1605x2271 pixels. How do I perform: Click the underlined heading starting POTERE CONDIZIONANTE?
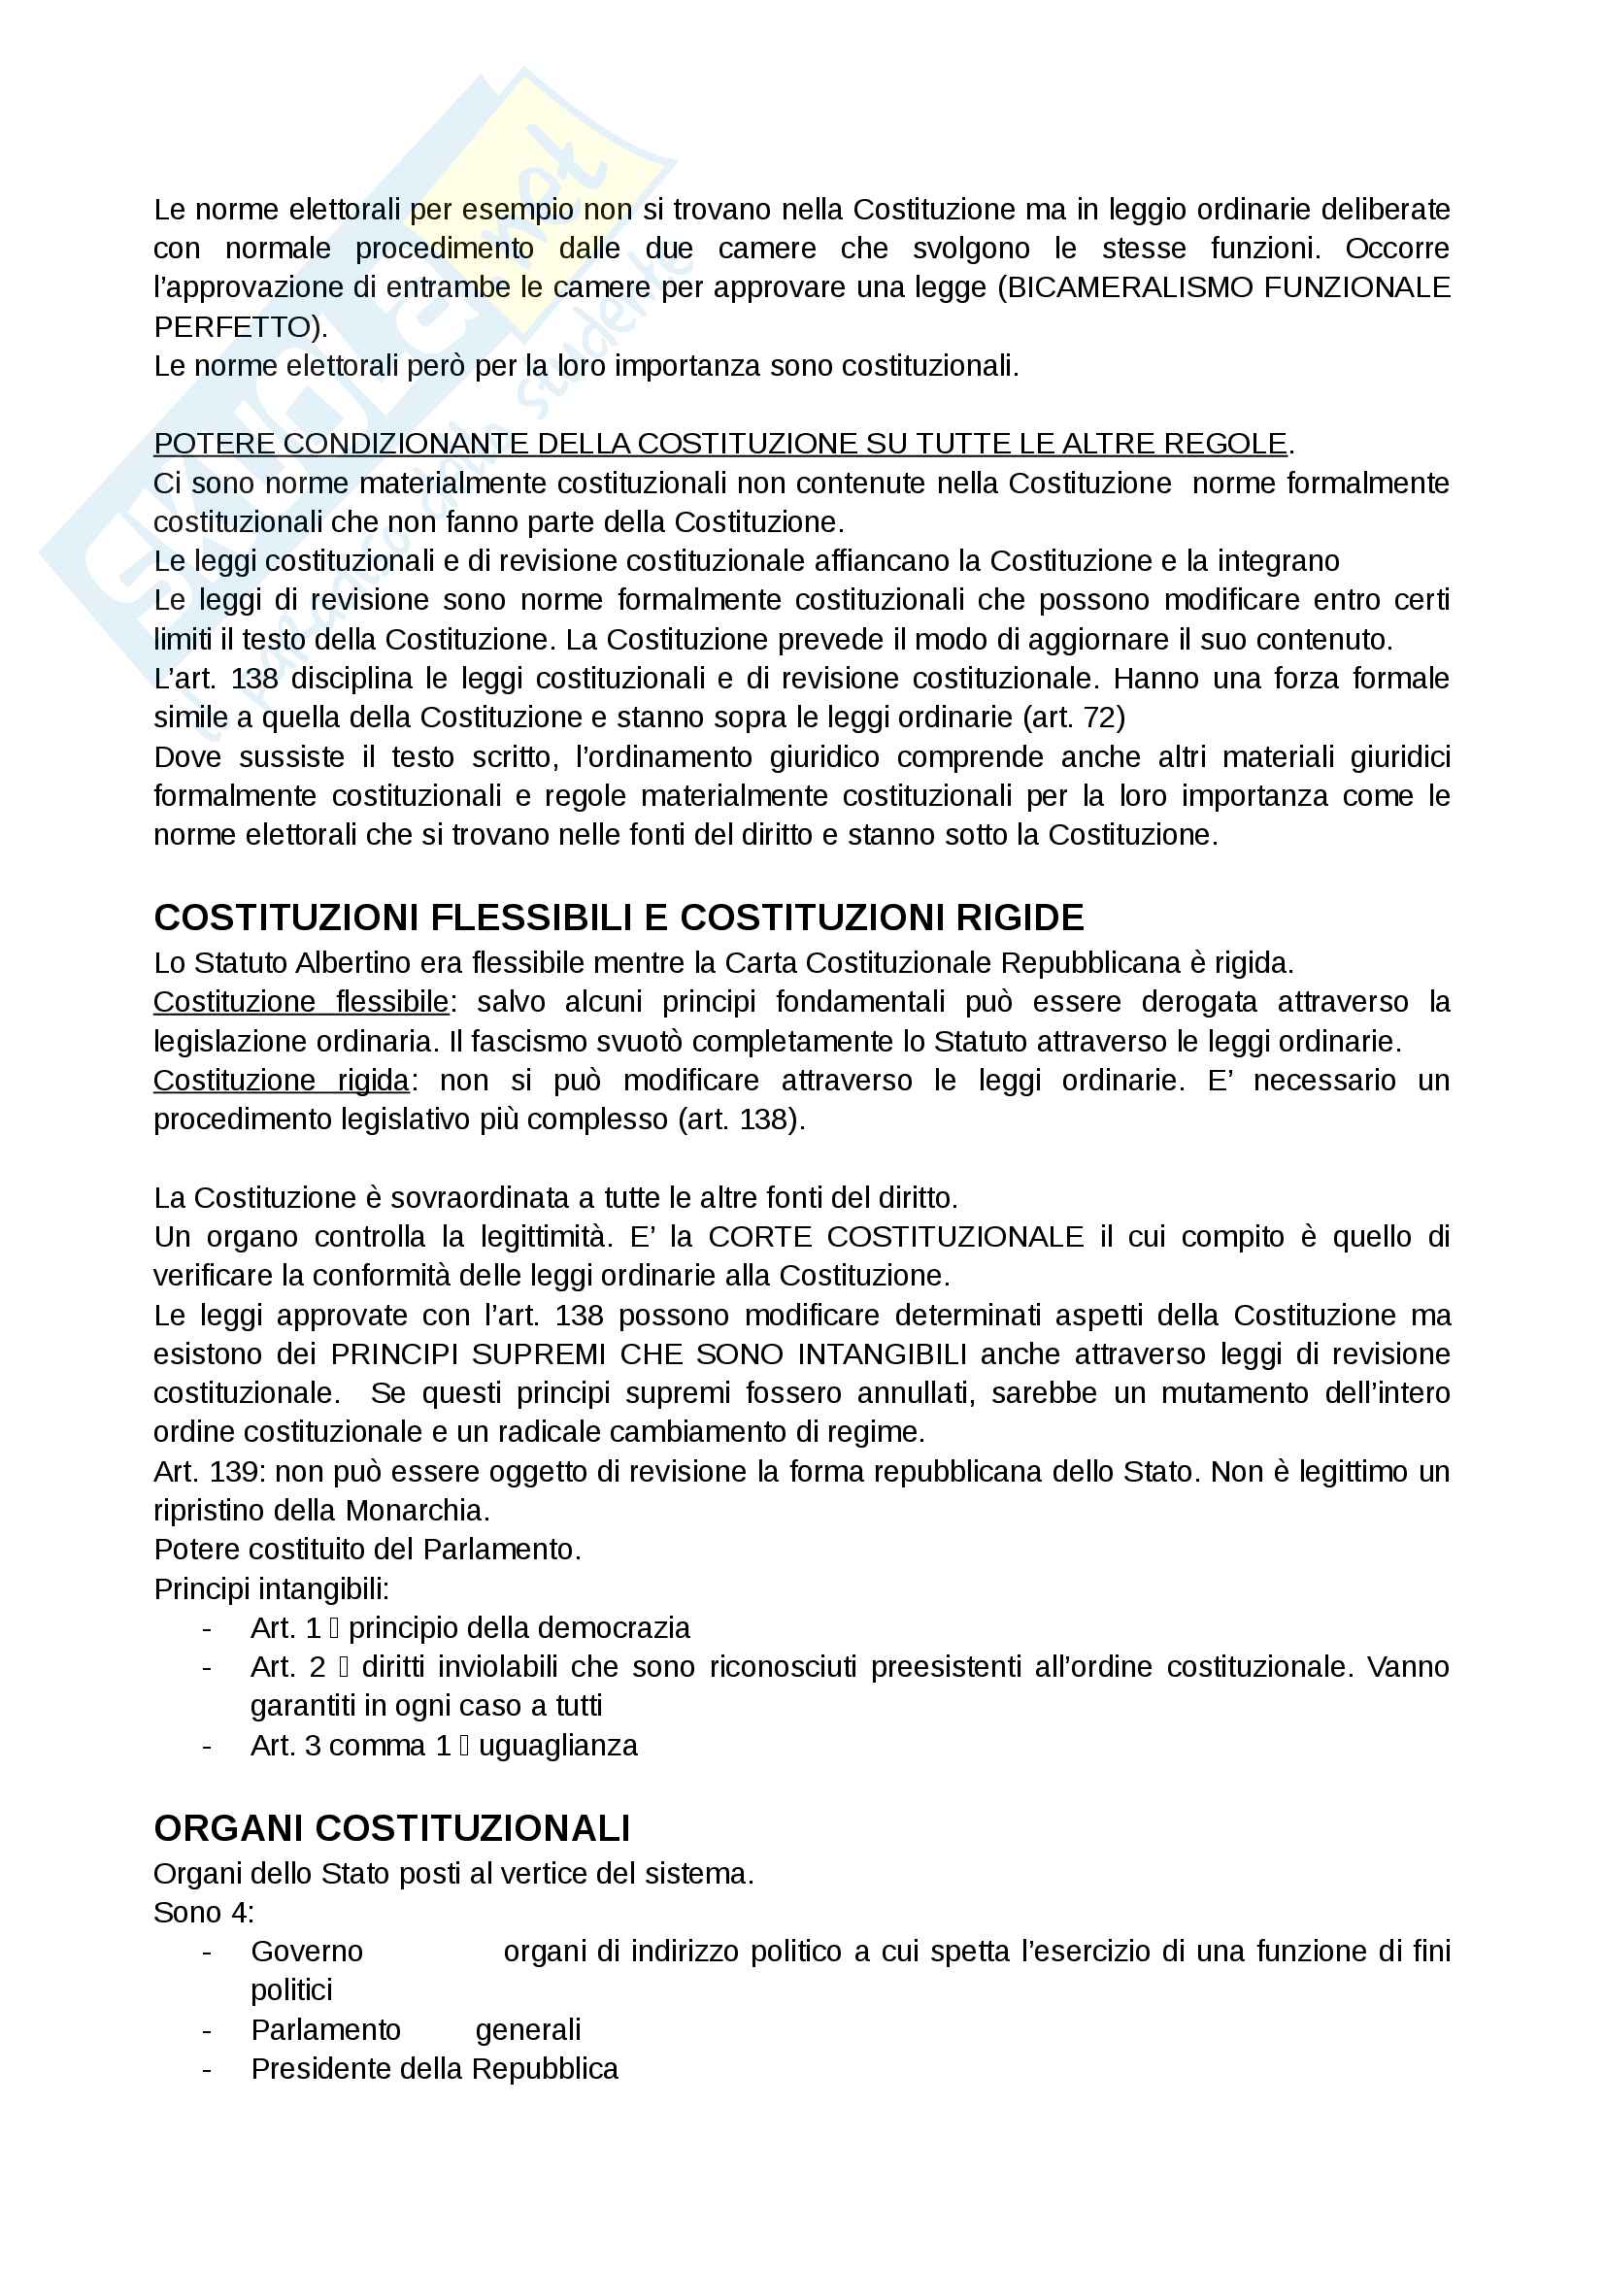[719, 443]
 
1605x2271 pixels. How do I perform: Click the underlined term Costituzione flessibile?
[301, 1001]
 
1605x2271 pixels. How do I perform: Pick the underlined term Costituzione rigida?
[281, 1079]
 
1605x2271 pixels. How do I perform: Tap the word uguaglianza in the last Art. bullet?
[557, 1745]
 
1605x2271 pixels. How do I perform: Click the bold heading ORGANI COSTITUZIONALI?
[391, 1828]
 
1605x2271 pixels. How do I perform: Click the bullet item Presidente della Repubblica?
[434, 2068]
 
